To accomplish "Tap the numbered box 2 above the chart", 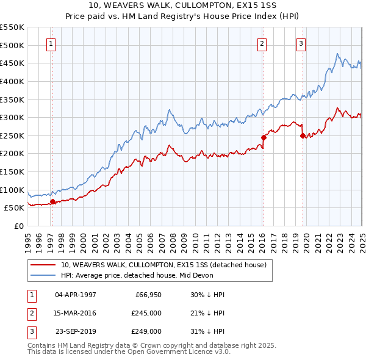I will (x=262, y=43).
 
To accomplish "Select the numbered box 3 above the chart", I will (x=301, y=43).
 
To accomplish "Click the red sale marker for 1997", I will (x=52, y=201).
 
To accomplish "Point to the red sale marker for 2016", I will (x=264, y=137).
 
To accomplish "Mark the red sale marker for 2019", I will (x=303, y=136).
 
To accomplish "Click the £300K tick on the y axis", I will (x=12, y=117).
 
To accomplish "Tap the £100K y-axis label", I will (x=12, y=190).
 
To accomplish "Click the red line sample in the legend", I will (x=42, y=265).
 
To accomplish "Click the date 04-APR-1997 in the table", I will (x=76, y=295).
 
